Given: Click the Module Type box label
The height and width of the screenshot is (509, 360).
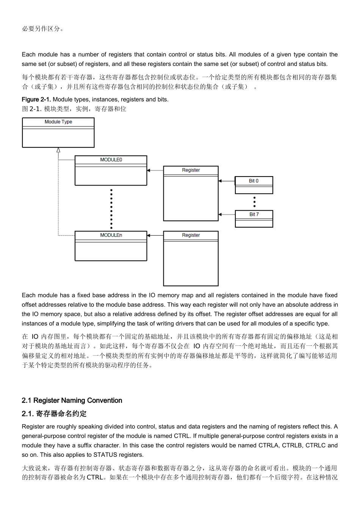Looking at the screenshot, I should tap(58, 122).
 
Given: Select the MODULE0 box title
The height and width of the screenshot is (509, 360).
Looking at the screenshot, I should tap(111, 160).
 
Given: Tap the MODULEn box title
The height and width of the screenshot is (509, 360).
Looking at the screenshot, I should tap(111, 235).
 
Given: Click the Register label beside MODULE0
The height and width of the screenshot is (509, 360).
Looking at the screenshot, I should tap(191, 170).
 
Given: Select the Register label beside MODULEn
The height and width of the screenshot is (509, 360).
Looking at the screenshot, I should tap(191, 235).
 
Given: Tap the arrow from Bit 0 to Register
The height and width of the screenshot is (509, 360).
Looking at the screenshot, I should tap(227, 181).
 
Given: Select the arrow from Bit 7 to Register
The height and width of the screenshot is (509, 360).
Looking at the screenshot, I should tap(227, 214).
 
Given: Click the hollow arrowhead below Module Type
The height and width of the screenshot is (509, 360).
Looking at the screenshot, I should tap(58, 150).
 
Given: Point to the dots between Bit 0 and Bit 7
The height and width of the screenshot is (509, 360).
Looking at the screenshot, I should tap(254, 202).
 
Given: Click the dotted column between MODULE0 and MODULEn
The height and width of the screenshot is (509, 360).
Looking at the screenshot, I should tap(111, 209).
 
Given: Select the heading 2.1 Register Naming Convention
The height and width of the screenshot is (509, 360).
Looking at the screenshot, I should tap(72, 401).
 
